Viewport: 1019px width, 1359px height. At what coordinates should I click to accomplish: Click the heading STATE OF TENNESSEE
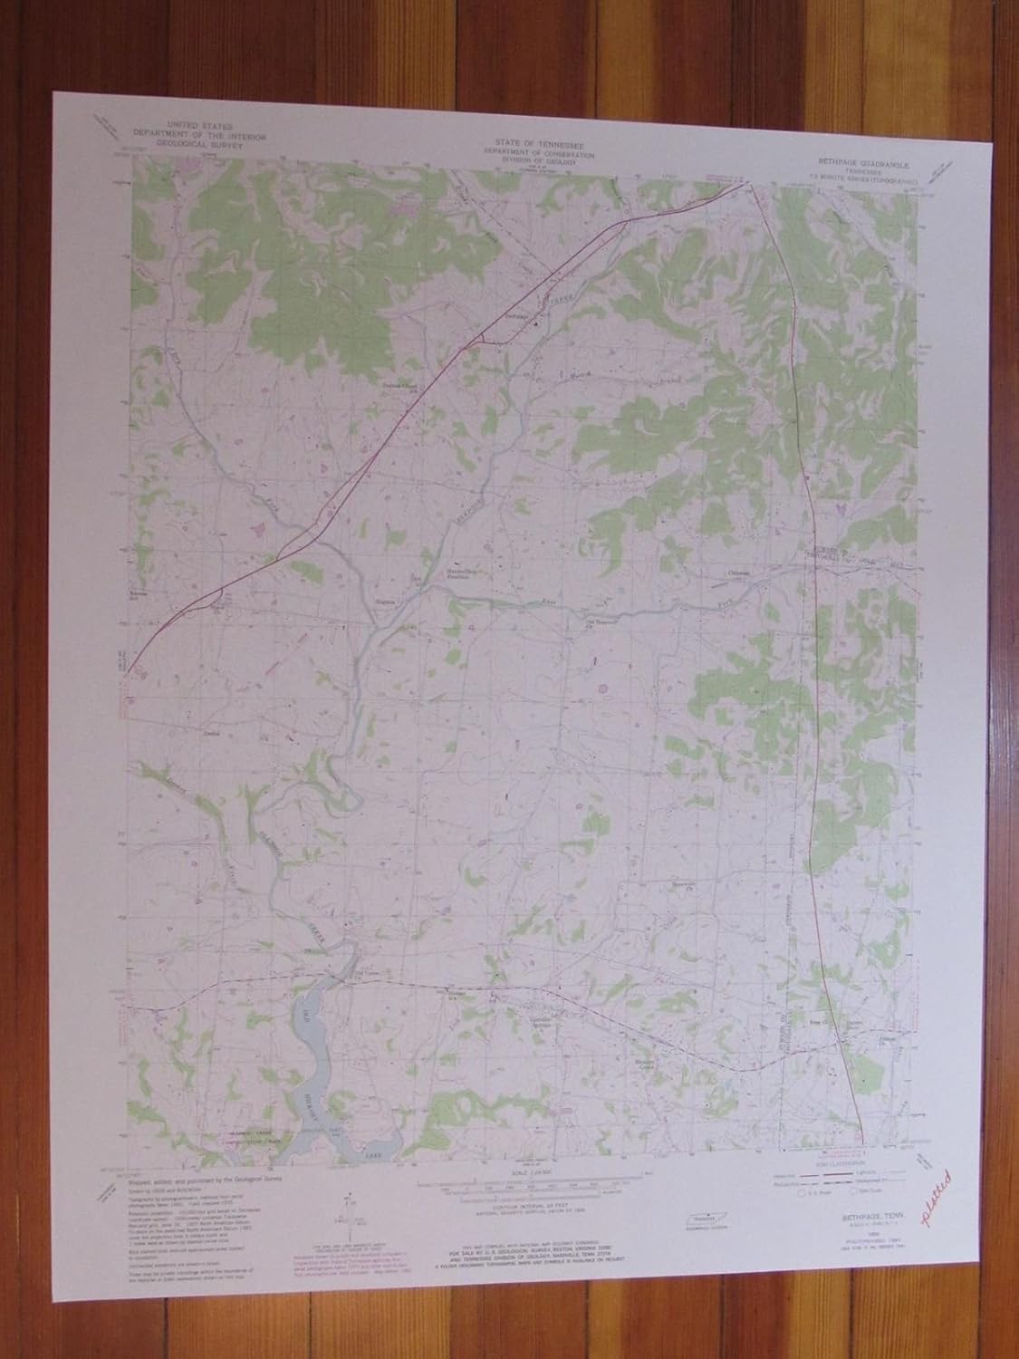point(539,143)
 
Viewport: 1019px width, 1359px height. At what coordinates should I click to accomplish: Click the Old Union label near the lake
point(364,977)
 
